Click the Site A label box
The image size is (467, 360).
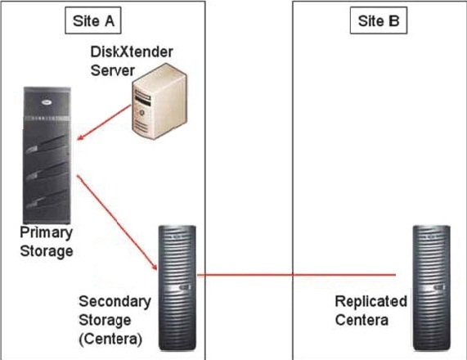pos(93,20)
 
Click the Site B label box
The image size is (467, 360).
pos(379,20)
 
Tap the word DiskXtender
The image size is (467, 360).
pos(132,52)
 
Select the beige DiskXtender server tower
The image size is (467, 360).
pos(159,101)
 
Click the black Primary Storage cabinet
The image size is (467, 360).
pos(47,155)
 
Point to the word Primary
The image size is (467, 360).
pos(46,232)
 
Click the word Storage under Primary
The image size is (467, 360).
pos(47,251)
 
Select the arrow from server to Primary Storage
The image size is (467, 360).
pos(104,122)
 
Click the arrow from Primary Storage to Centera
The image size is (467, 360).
pos(117,223)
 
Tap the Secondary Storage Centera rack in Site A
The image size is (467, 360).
pos(177,288)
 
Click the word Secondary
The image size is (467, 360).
pos(115,302)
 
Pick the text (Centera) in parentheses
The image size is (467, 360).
pos(110,339)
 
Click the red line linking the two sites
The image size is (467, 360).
pos(296,275)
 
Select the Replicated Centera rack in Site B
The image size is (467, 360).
pos(431,288)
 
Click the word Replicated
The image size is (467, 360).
pos(371,301)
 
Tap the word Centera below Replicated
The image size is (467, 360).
pos(361,320)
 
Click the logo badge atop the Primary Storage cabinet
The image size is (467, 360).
pos(47,102)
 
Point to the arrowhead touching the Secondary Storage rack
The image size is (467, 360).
pos(155,266)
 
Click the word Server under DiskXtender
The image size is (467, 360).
pos(113,70)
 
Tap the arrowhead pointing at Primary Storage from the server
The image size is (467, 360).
pos(80,137)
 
